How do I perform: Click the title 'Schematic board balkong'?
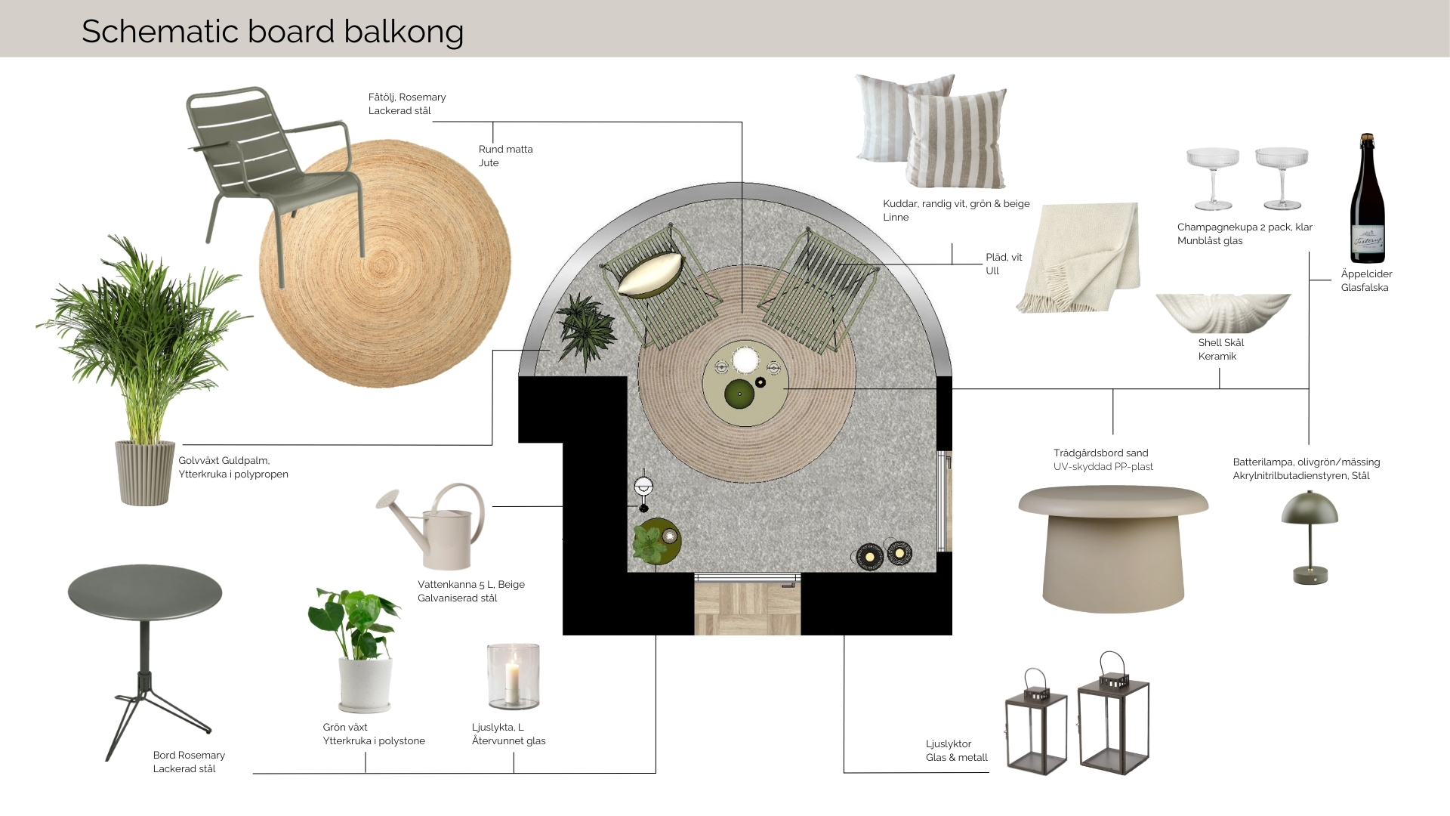[x=272, y=32]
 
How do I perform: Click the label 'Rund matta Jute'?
[x=505, y=156]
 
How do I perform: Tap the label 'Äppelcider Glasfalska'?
[x=1366, y=280]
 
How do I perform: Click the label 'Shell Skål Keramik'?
[x=1220, y=349]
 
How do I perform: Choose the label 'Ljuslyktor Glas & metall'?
[x=956, y=750]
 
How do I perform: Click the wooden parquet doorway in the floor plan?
[x=747, y=607]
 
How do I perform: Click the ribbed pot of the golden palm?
[x=145, y=472]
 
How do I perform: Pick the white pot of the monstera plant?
[x=366, y=684]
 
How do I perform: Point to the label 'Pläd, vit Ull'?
[x=1004, y=264]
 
